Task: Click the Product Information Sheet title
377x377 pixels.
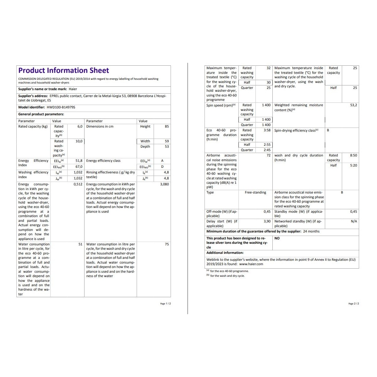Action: [x=63, y=70]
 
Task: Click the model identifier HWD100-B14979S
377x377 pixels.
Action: [x=61, y=107]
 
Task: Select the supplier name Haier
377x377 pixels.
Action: [x=73, y=89]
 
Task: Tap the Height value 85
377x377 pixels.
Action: [x=167, y=126]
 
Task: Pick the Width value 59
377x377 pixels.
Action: [x=167, y=141]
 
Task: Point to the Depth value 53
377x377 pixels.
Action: [x=167, y=146]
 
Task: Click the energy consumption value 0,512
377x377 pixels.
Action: [x=78, y=184]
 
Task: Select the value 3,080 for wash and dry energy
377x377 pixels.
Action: [x=164, y=184]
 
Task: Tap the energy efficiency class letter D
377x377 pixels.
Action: [x=162, y=167]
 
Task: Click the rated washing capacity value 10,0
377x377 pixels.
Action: [x=79, y=141]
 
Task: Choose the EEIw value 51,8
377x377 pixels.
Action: [x=79, y=161]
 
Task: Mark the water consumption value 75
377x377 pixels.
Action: [x=167, y=244]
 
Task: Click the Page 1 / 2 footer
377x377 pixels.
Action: [x=165, y=303]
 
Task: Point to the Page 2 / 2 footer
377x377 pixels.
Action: [x=353, y=303]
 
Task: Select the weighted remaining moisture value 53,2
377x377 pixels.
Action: [x=353, y=105]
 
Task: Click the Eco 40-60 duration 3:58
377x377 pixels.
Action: [x=267, y=130]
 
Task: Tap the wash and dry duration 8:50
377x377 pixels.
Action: [x=353, y=155]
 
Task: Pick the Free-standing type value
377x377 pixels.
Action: [x=255, y=192]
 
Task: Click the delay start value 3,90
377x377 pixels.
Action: [x=267, y=221]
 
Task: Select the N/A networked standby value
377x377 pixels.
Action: [x=354, y=221]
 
